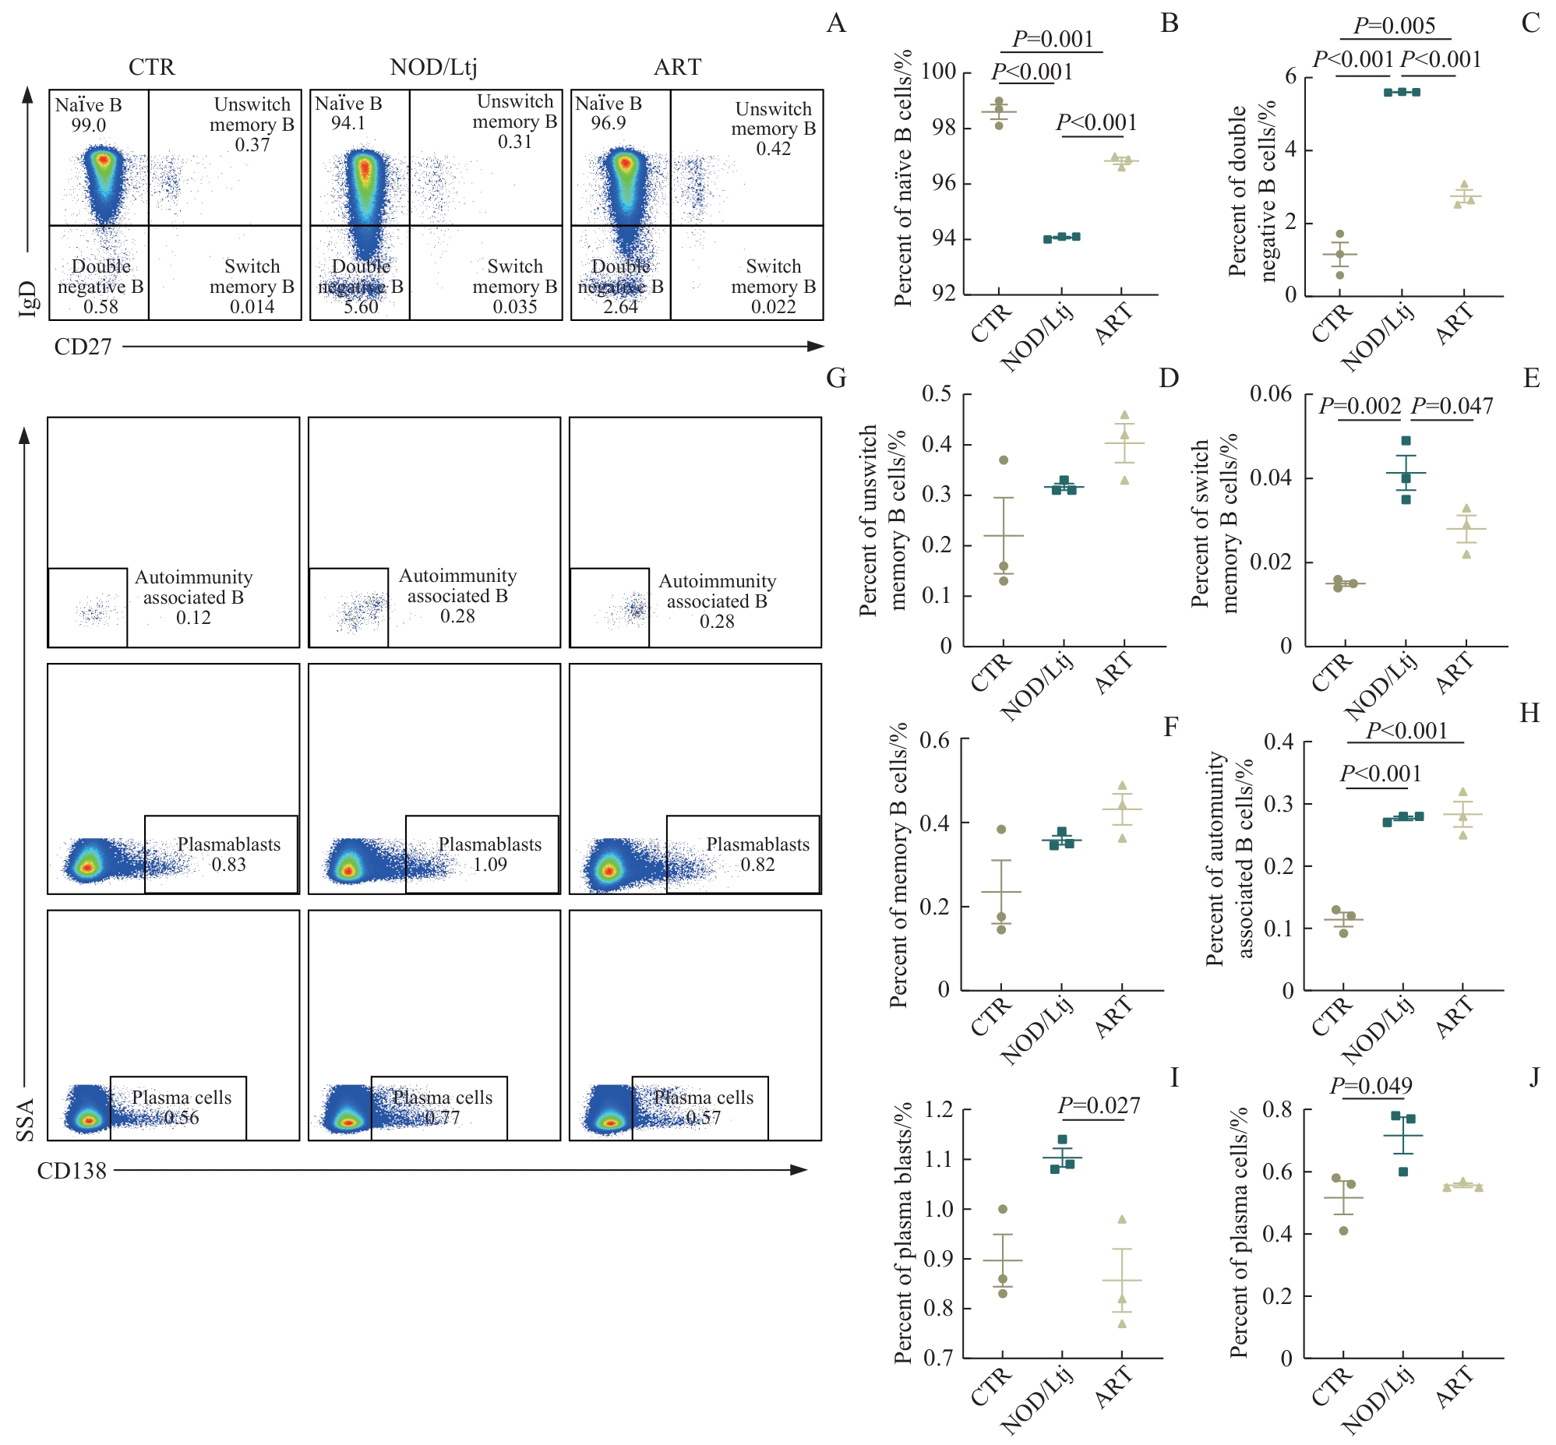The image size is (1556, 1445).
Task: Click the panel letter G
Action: click(836, 379)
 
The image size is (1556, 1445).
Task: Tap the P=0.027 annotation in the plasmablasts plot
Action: click(1099, 1105)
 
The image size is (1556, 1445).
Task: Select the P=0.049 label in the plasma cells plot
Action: click(1371, 1085)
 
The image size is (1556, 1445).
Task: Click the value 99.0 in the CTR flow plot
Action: click(88, 125)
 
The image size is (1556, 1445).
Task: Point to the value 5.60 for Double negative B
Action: click(361, 306)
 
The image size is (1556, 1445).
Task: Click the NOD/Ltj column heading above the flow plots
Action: click(433, 67)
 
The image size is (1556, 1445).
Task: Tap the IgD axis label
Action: click(27, 298)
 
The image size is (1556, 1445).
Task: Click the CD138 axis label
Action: click(72, 1171)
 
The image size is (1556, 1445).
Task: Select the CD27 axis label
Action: click(83, 347)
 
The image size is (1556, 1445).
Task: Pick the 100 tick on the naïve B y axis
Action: click(938, 72)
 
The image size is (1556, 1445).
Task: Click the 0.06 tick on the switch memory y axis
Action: click(1271, 393)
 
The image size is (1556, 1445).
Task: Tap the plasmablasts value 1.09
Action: click(489, 865)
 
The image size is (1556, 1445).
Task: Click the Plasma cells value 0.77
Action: click(443, 1117)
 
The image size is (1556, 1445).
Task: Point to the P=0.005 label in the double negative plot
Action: click(1394, 26)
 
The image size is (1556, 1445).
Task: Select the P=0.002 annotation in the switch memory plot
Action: click(1360, 406)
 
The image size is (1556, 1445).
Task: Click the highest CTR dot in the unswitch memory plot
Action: click(1004, 460)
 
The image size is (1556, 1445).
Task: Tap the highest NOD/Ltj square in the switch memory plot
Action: click(1406, 441)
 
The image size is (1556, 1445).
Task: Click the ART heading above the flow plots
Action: click(677, 67)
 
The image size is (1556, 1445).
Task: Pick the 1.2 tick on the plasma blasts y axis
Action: click(938, 1109)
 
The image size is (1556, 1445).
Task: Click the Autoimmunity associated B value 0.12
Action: click(193, 618)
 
